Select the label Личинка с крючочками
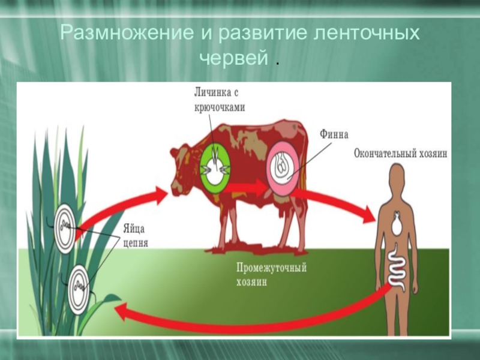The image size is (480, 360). point(219,100)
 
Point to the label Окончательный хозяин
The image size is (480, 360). point(400,154)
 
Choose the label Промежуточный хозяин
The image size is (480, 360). point(271,274)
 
